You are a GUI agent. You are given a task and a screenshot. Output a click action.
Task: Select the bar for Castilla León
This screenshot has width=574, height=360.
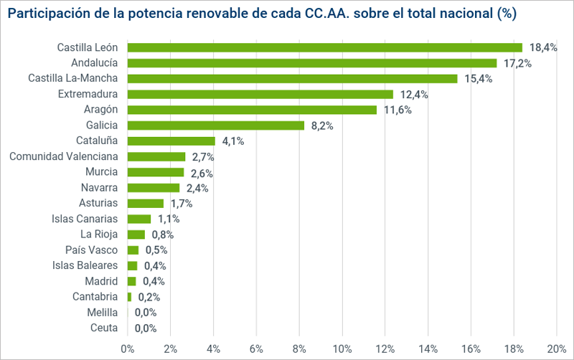pos(324,47)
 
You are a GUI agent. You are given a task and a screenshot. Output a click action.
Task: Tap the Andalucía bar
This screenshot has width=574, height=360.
pos(311,63)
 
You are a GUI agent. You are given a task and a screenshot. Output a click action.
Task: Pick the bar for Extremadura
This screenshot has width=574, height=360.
pos(260,94)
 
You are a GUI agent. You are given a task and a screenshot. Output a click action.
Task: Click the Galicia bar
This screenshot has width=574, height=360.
pos(215,125)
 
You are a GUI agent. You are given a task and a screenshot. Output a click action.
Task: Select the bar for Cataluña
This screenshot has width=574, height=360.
pos(171,141)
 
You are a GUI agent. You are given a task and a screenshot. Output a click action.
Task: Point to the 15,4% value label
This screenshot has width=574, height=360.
pos(479,79)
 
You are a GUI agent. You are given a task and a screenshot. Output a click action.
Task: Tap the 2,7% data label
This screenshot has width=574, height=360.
pos(203,157)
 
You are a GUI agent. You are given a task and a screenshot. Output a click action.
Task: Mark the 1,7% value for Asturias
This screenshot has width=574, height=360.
pos(182,204)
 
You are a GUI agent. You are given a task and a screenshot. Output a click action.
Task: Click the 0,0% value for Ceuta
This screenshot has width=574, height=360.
pos(146,328)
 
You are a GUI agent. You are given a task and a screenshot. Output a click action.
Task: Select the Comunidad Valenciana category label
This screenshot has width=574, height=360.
pos(65,156)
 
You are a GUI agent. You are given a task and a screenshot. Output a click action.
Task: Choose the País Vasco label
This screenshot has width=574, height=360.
pos(91,250)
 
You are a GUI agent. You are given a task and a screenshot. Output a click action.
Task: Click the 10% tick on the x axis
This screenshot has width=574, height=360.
pos(342,349)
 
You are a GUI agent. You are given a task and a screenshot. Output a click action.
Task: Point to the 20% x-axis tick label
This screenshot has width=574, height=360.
pos(557,349)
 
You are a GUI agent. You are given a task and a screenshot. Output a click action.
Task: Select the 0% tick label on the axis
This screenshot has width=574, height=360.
pos(128,349)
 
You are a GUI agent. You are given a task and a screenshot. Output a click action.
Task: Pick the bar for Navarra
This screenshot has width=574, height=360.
pos(154,188)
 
